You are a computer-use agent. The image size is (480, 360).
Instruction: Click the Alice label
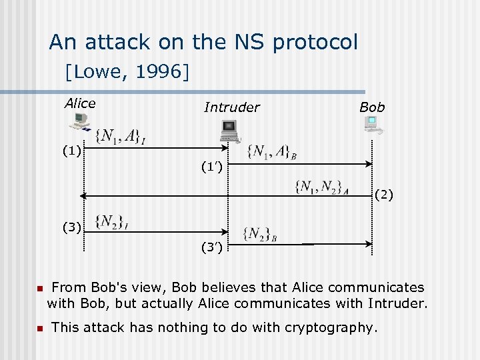click(80, 103)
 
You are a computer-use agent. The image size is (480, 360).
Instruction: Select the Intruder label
click(231, 107)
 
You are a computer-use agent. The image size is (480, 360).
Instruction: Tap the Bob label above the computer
click(372, 107)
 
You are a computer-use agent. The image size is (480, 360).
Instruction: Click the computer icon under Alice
click(79, 121)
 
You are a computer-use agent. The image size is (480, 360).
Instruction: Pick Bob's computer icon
click(372, 125)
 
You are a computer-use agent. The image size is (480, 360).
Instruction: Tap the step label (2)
click(384, 195)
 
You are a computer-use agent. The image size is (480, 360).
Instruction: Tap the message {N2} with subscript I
click(111, 221)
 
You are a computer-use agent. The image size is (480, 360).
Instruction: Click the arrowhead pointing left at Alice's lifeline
click(81, 196)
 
